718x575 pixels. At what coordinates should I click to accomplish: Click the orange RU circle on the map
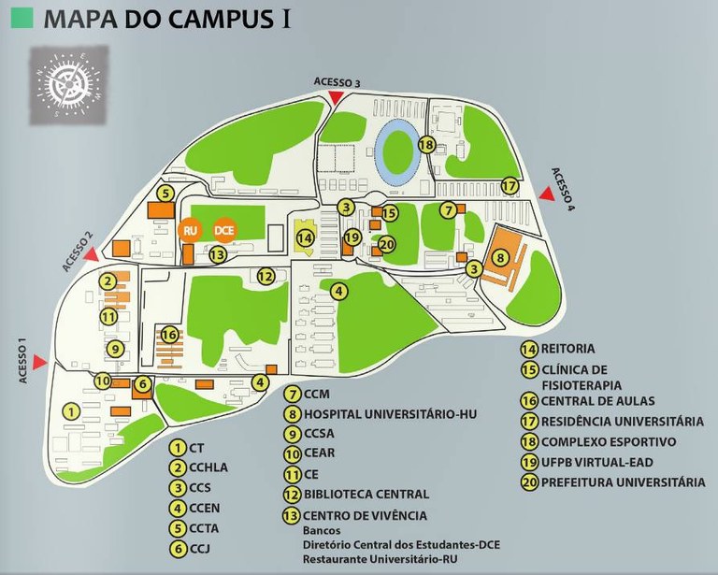pos(190,230)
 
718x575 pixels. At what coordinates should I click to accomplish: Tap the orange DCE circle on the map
pos(223,230)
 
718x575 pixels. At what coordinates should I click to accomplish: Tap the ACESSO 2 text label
pos(78,250)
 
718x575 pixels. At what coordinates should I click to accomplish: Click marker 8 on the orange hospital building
pos(501,257)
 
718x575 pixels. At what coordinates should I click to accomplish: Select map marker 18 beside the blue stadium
pos(427,145)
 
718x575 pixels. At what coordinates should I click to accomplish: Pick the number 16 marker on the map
pos(169,335)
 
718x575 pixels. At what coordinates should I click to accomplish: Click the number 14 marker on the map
pos(305,238)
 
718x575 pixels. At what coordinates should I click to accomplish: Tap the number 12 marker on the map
pos(266,276)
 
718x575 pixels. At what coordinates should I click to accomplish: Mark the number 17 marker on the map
pos(509,186)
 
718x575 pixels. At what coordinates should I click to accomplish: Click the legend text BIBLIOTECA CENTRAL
pos(366,494)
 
